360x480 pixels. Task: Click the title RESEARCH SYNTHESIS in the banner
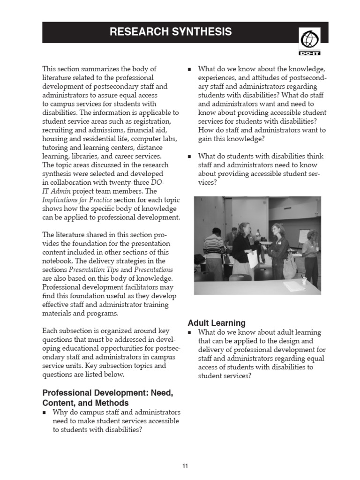(x=171, y=32)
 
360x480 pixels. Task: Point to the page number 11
(x=185, y=465)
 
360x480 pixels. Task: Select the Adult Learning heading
(x=216, y=322)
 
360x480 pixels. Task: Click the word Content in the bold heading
(x=59, y=403)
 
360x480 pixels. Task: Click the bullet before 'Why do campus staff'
(x=45, y=413)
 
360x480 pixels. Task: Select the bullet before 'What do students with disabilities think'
(x=190, y=157)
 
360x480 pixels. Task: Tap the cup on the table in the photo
(x=304, y=281)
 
